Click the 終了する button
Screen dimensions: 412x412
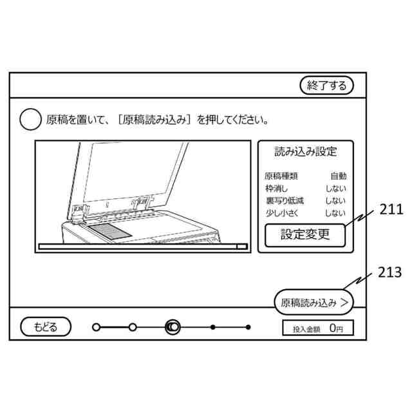(327, 86)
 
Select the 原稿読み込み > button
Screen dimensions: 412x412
(314, 301)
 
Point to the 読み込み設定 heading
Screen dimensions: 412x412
(306, 153)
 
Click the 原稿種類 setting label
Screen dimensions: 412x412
(281, 176)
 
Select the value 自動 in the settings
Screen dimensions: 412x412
(338, 176)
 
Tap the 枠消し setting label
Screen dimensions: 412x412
(277, 189)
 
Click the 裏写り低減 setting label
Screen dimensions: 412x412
(284, 201)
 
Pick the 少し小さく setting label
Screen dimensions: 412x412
(284, 213)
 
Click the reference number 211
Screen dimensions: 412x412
(391, 209)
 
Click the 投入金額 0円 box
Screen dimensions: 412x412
(318, 328)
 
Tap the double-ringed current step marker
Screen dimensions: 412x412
(173, 327)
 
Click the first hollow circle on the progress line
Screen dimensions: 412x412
(97, 327)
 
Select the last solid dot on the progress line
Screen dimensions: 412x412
(248, 327)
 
